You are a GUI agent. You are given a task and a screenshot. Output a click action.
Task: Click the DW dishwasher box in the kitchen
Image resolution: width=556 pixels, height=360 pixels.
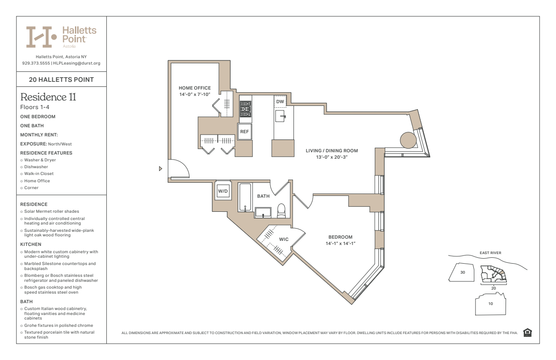(280, 101)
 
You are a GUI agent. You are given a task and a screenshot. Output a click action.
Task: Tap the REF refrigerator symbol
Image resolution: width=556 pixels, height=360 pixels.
(244, 131)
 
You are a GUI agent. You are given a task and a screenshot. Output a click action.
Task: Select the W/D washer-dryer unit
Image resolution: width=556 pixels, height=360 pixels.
(223, 191)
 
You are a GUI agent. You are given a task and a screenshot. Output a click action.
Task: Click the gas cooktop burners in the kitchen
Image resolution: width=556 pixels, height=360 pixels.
(245, 109)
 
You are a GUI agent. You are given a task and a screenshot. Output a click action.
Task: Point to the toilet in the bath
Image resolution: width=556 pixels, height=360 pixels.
(281, 211)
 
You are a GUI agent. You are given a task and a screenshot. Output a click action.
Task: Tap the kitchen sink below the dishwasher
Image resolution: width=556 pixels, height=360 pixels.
(280, 116)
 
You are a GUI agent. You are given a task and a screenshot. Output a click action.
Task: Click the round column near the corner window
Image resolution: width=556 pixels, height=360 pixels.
(408, 140)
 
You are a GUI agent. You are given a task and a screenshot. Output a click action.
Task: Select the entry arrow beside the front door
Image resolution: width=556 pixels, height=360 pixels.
(160, 169)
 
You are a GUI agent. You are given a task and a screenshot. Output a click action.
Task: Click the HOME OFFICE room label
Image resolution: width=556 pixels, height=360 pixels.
(194, 88)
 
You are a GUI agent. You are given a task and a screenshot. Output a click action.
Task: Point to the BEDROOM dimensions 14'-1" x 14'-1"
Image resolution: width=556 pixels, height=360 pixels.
(340, 244)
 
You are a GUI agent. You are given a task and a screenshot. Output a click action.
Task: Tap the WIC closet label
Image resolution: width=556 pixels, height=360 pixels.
(284, 239)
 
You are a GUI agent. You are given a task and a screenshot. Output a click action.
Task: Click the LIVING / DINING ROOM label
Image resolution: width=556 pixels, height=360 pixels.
(332, 150)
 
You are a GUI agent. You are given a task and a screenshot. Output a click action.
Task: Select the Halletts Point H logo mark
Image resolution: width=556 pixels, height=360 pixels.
(41, 37)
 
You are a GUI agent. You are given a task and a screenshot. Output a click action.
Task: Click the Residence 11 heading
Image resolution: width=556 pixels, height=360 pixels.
(48, 97)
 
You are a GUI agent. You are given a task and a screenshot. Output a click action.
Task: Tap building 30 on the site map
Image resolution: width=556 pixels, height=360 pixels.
(462, 272)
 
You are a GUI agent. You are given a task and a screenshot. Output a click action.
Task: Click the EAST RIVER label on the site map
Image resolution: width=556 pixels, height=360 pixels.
(491, 253)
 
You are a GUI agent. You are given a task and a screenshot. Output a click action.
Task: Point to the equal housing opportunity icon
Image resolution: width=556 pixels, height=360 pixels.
(527, 333)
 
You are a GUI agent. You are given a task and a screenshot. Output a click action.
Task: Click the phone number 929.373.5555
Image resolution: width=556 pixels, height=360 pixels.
(36, 63)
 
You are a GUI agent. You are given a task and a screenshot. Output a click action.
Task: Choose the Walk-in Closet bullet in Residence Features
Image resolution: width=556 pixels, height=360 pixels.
(39, 174)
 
